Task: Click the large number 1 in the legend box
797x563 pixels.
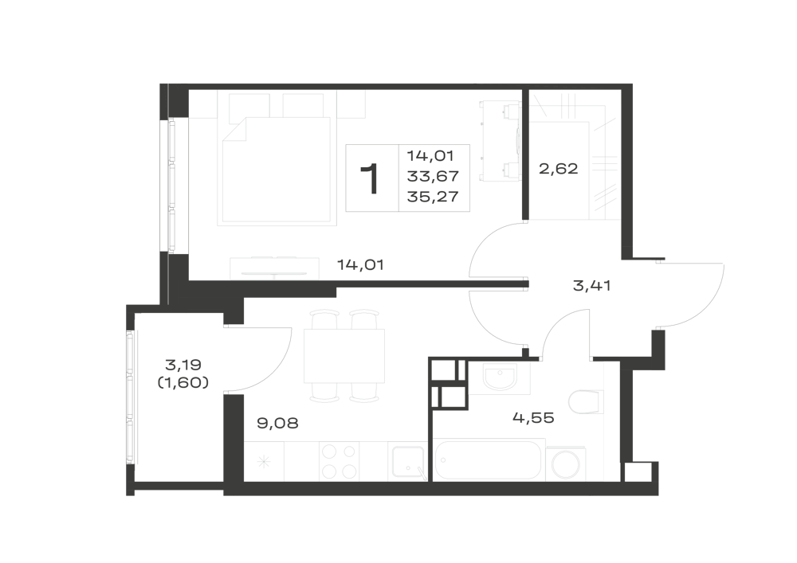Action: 371,178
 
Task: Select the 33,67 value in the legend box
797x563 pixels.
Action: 433,176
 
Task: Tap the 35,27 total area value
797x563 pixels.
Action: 433,197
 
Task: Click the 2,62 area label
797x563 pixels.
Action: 558,169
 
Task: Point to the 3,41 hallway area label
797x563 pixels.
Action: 591,286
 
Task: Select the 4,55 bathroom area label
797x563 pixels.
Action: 533,418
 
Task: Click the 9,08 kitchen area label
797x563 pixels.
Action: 277,423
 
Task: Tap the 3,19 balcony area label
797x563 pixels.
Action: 183,365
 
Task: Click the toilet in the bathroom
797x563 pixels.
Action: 587,402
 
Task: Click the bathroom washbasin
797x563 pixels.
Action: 500,378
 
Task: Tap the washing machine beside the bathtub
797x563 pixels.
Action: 567,463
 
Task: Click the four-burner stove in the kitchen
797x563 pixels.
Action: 339,461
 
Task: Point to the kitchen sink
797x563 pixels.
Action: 408,462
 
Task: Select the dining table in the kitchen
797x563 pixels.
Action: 344,357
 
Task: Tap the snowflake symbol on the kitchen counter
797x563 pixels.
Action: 263,462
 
